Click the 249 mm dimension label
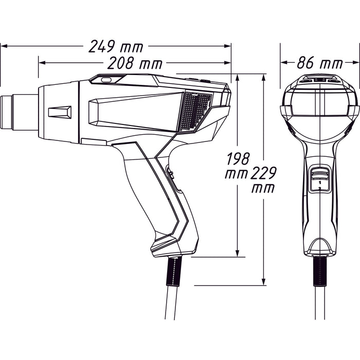click(x=116, y=46)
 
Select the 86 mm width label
click(x=319, y=63)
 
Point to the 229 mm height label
click(x=263, y=180)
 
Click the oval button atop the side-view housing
click(x=105, y=80)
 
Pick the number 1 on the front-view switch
click(x=319, y=183)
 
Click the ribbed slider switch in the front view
click(x=319, y=174)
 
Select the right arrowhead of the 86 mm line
click(x=356, y=63)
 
